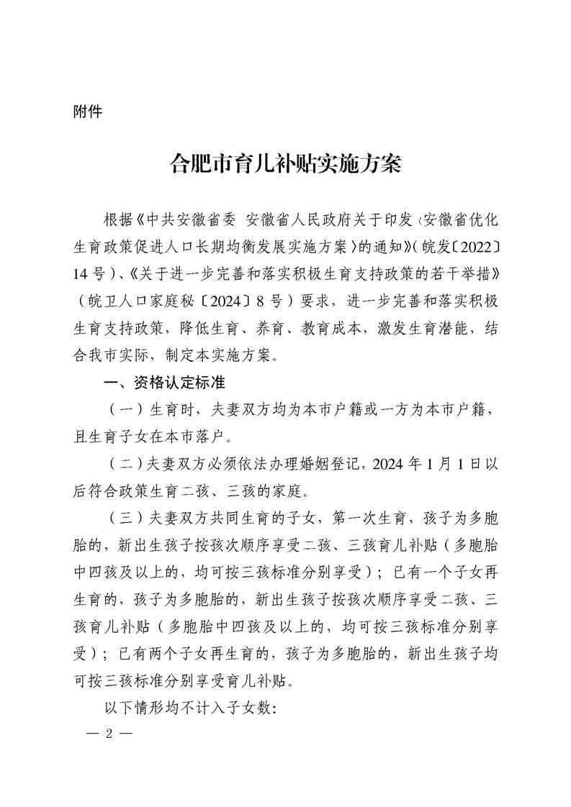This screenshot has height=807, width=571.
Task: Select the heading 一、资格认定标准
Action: (x=165, y=383)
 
